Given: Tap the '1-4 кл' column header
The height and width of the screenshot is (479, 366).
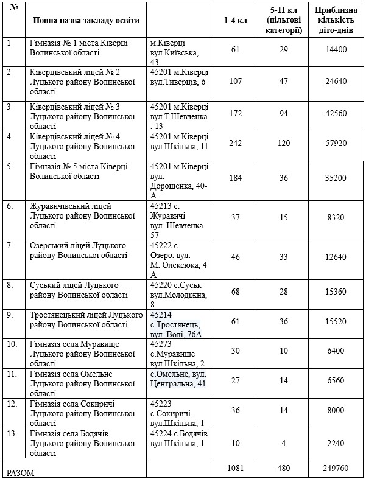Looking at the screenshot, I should pos(234,20).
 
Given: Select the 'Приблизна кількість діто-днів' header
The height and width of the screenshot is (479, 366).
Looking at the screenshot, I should pos(336,20).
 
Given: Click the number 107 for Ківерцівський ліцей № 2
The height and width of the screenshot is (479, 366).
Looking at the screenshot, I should pos(234,81).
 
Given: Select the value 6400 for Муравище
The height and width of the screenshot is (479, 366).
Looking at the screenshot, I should pos(336,351).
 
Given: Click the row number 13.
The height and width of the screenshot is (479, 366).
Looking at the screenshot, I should pos(12,433).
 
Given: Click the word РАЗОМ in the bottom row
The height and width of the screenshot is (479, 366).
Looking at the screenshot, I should pos(20,472).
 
